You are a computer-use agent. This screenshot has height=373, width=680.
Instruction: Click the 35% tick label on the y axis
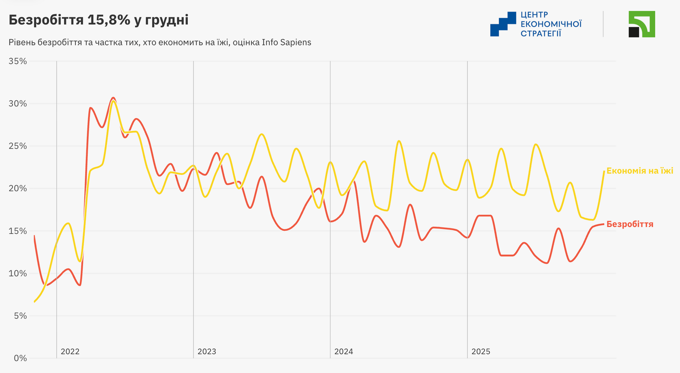18,61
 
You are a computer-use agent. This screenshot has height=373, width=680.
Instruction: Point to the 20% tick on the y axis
18,189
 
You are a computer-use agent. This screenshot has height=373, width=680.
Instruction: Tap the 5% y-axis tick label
20,316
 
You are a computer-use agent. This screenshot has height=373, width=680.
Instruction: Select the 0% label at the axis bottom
20,358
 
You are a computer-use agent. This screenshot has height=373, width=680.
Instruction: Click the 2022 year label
70,352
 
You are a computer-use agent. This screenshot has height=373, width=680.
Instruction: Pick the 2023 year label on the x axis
207,352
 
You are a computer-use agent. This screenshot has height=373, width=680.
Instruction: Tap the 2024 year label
344,352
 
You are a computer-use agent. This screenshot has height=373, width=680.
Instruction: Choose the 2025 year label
481,352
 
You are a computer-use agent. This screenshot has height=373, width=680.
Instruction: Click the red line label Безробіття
630,224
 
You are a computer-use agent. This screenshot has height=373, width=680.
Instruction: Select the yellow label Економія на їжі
640,171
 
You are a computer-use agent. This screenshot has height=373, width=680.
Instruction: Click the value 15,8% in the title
109,20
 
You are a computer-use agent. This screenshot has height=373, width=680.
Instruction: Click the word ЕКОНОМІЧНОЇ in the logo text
551,24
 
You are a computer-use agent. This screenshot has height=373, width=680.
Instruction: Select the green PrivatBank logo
642,24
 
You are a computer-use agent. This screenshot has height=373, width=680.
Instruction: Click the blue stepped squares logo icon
503,24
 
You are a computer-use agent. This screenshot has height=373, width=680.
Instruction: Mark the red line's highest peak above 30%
113,98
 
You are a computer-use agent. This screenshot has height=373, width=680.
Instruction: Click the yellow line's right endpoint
604,171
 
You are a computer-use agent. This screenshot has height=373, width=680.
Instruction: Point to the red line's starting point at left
34,236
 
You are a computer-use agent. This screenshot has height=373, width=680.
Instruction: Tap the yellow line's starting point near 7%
35,301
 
